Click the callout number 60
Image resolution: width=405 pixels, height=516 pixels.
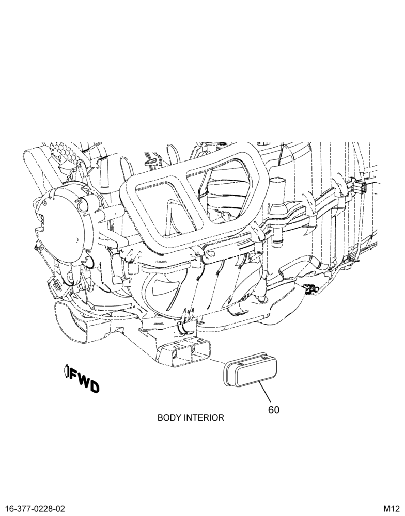273,410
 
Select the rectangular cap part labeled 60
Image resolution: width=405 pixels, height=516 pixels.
251,369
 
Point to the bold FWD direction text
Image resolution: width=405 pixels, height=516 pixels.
84,381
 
